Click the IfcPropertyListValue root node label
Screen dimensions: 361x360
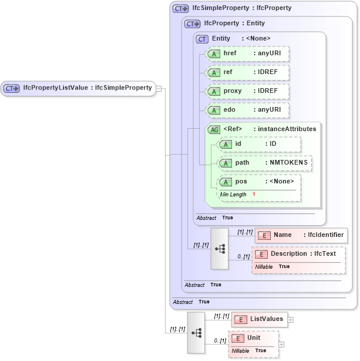79,88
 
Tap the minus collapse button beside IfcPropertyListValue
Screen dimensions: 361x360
159,88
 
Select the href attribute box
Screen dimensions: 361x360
247,54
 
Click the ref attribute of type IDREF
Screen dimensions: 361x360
247,72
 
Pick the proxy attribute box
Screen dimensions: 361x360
247,92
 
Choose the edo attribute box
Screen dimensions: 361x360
247,110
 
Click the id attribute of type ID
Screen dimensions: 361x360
258,144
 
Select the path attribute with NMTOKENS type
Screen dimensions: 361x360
264,163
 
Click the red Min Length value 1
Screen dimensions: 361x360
254,195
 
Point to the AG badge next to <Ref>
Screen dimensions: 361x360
215,129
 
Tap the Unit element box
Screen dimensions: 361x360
254,338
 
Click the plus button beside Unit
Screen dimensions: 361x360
281,345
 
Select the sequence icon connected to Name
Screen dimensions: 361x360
220,249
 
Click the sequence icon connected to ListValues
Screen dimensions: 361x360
196,333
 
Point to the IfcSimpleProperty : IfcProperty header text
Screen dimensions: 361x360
241,8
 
